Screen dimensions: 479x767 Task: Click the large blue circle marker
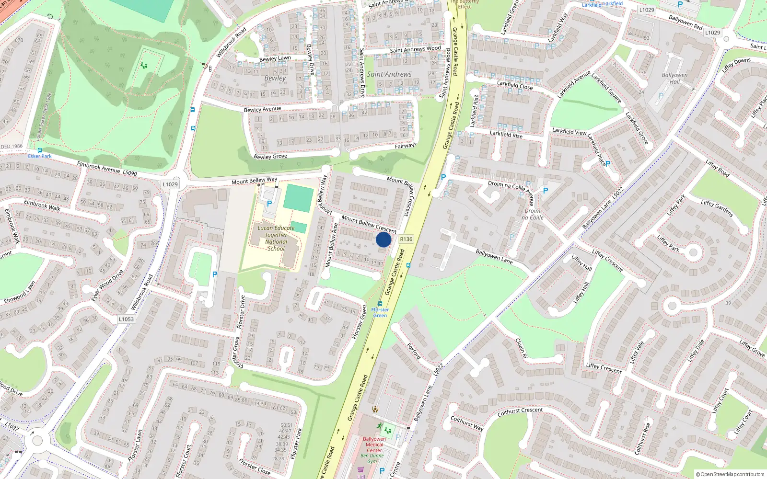coord(383,239)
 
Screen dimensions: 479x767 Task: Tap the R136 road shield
coord(406,239)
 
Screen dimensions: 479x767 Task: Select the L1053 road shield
coord(126,319)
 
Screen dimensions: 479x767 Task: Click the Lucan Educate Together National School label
coord(276,238)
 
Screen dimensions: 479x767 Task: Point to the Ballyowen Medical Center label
coord(374,445)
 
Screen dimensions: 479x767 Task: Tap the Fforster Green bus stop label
coord(380,312)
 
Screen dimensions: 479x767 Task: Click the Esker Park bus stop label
coord(40,156)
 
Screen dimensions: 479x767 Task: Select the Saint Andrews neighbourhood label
coord(389,74)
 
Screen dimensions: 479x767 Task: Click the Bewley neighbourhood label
coord(275,78)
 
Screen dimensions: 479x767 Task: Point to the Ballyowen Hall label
coord(674,78)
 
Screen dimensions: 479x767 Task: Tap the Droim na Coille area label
coord(533,214)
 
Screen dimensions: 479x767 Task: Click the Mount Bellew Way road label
coord(254,181)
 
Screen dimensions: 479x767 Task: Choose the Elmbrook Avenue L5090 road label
coord(107,169)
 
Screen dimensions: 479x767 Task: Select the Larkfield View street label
coord(569,131)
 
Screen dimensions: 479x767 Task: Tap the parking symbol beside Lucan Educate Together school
coord(269,204)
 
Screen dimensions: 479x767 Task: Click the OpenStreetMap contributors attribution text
coord(730,474)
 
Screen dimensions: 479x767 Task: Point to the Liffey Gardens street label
coord(717,208)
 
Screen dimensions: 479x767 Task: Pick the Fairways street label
coord(406,146)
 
